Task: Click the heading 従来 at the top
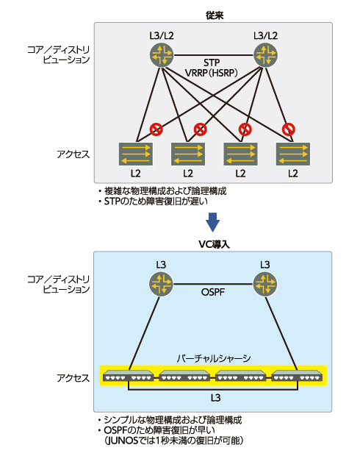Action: pos(212,14)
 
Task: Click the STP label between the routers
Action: pos(212,63)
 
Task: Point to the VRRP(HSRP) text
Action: pos(213,74)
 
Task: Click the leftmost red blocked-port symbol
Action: pos(156,129)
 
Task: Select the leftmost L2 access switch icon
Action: pos(135,154)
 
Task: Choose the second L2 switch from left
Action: pos(188,154)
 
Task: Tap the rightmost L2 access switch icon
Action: pos(293,154)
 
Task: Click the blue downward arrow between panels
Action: pos(212,221)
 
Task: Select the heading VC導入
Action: pos(212,243)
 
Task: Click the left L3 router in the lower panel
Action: pos(161,283)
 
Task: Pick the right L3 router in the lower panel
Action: pos(264,283)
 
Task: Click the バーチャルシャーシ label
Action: pos(213,358)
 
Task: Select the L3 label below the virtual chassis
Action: pos(213,397)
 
